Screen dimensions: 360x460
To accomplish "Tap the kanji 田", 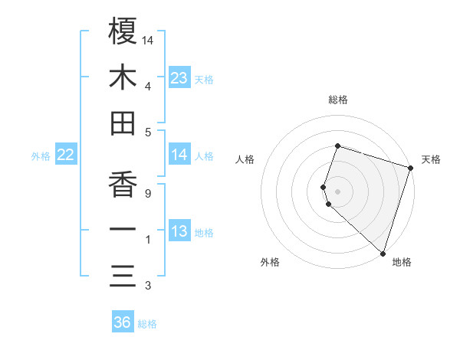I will (x=123, y=123).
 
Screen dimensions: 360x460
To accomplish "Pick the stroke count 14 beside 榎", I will (x=149, y=40).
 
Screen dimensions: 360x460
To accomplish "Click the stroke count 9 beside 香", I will (x=147, y=193).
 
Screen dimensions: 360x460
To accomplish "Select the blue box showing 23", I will (x=179, y=78).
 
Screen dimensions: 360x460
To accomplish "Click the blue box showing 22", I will (x=65, y=155).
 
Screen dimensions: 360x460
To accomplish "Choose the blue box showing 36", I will (x=123, y=322).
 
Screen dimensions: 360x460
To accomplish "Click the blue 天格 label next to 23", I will (x=204, y=80).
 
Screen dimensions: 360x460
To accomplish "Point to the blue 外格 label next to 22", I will (x=41, y=156).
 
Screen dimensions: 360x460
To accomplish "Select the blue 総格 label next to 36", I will (x=147, y=324).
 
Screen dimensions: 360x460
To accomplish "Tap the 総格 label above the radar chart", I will (x=338, y=100).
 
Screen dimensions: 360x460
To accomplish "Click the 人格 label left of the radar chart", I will (x=245, y=159).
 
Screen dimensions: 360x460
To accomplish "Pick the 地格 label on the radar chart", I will (x=402, y=263).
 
